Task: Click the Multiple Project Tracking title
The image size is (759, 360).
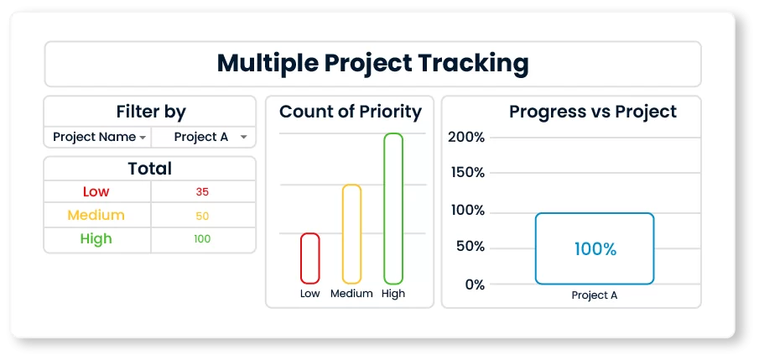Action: coord(372,64)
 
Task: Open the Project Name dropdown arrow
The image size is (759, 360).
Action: coord(143,138)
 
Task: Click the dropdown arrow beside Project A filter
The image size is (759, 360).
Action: coord(243,138)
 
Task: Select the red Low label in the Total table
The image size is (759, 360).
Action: coord(96,191)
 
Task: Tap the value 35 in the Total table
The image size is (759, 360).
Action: coord(202,192)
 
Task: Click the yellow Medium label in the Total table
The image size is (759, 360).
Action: coord(96,215)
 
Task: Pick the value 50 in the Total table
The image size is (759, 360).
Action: coord(202,217)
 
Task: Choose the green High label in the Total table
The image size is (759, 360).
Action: coord(96,239)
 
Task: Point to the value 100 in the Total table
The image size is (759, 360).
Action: coord(202,239)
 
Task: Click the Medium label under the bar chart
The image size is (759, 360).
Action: coord(351,294)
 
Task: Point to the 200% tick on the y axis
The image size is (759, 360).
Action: coord(466,137)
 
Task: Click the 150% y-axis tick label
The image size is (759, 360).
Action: coord(468,173)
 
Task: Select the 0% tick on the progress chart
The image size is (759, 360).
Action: coord(475,284)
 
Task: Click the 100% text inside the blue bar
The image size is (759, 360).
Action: coord(595,249)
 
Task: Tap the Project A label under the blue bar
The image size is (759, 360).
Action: coord(595,295)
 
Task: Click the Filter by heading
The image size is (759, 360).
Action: coord(150,112)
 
